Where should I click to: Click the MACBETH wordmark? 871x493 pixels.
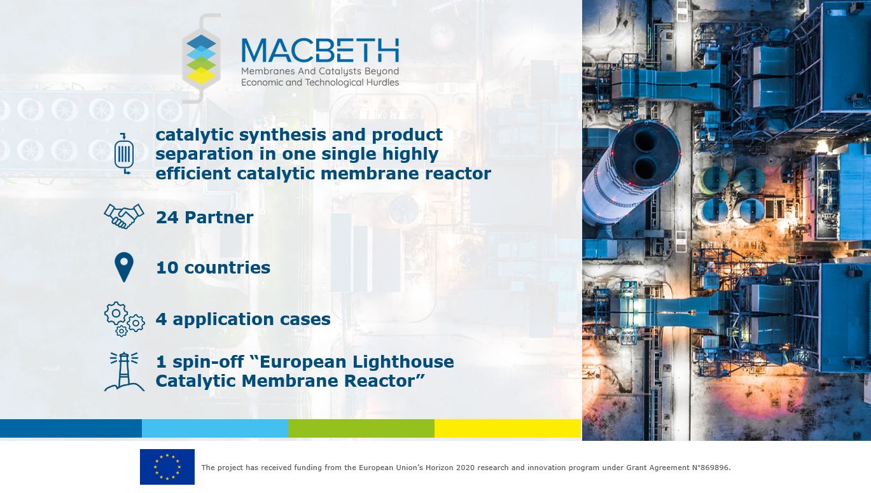click(320, 50)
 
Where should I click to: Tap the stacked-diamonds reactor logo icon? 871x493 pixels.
click(202, 59)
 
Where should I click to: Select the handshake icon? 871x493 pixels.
click(124, 216)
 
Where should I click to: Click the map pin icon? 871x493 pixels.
click(124, 267)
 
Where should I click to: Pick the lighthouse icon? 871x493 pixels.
click(125, 371)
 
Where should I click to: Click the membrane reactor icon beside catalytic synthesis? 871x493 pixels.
click(124, 153)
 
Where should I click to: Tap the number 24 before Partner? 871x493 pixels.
click(167, 218)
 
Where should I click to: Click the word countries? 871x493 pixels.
click(227, 268)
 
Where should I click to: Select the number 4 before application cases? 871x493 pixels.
click(162, 319)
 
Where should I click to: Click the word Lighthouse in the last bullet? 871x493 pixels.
click(403, 362)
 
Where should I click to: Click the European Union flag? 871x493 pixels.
click(167, 466)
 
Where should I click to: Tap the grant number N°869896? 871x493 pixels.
click(711, 468)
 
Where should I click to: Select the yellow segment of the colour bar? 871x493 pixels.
click(508, 428)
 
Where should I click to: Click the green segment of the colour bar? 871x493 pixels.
click(361, 428)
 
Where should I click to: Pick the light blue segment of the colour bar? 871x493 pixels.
click(215, 428)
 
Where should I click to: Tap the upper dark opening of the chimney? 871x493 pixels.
click(646, 141)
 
